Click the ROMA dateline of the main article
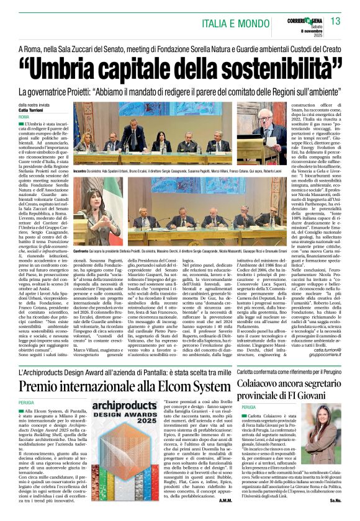point(24,117)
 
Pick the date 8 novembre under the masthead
point(314,30)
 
